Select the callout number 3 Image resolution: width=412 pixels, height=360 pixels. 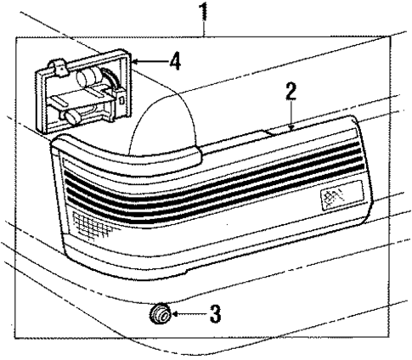215,318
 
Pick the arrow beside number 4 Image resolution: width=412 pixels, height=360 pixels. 149,61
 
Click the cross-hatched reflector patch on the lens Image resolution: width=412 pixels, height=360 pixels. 85,223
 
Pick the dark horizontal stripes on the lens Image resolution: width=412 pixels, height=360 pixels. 212,183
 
